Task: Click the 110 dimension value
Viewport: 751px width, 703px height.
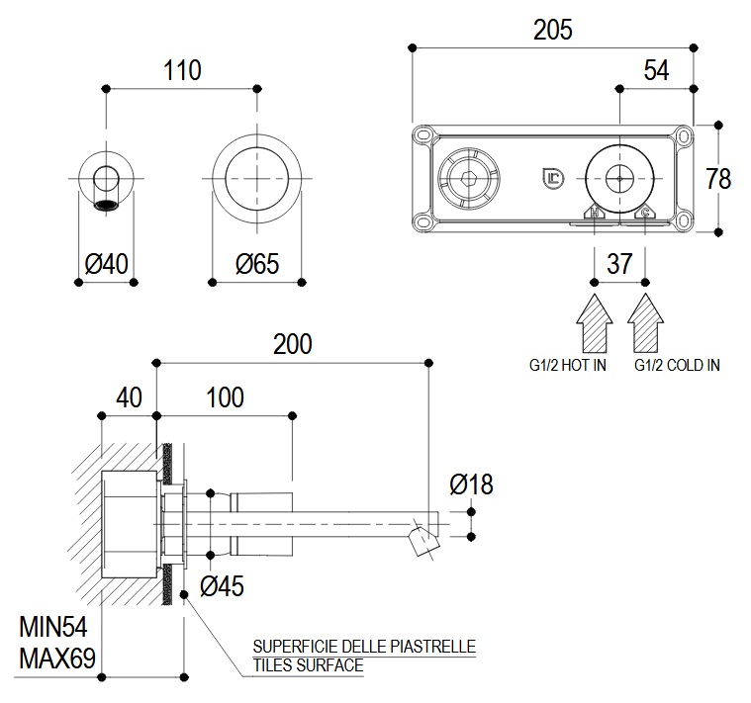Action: [183, 71]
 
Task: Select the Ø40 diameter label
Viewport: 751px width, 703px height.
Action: [107, 264]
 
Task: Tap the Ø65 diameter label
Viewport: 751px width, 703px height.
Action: [257, 264]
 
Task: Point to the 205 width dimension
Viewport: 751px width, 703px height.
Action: [552, 30]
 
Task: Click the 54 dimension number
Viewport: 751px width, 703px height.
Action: [656, 71]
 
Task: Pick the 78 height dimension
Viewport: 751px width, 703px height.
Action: [719, 179]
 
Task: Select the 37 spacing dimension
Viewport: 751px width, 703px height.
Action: [619, 264]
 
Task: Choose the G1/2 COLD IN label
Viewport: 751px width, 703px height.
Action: [677, 365]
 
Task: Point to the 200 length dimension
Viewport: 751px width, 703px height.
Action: [292, 344]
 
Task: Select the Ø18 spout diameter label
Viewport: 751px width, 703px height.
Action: [470, 484]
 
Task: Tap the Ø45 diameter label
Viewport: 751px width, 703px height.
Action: [222, 586]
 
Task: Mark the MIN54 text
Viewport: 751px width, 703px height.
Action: [56, 627]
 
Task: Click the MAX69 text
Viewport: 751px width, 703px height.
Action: [57, 658]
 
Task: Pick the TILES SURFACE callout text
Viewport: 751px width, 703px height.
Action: [308, 665]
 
